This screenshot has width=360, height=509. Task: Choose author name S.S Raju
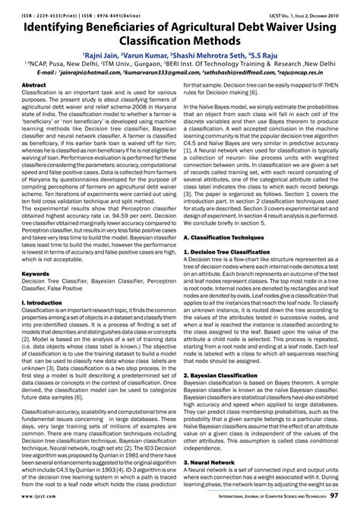(x=269, y=55)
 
